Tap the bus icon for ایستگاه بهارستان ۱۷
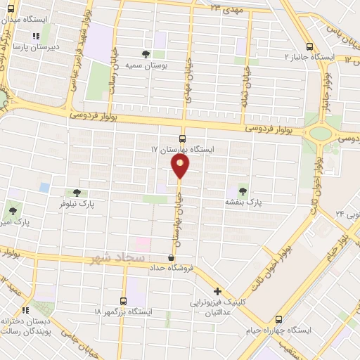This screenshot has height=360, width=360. click(x=183, y=139)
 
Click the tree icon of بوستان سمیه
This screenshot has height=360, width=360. click(x=146, y=53)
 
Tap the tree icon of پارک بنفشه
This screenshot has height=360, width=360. click(x=243, y=190)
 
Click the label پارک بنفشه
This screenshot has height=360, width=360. click(x=243, y=202)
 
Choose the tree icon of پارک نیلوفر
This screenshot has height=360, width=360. click(x=77, y=193)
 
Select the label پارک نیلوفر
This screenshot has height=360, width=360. click(x=77, y=204)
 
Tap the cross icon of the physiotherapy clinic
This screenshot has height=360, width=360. click(x=218, y=291)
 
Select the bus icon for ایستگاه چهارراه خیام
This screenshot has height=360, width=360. click(x=279, y=318)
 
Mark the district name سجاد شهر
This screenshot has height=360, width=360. click(x=117, y=259)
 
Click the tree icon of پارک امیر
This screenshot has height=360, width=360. click(x=12, y=210)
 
